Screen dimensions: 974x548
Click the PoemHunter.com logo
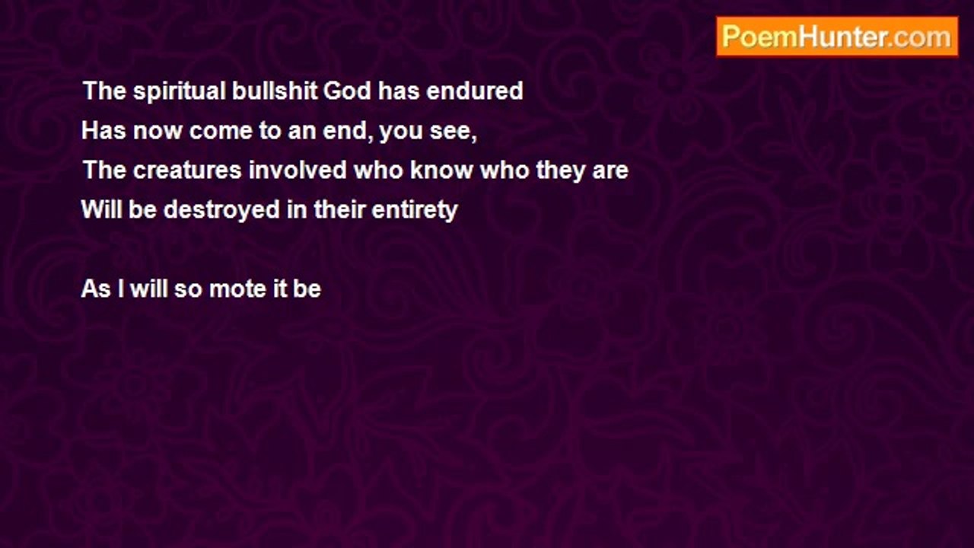click(837, 37)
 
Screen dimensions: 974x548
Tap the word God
click(347, 91)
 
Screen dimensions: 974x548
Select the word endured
click(474, 91)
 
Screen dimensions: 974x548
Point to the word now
click(158, 132)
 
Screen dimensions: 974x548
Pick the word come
click(221, 132)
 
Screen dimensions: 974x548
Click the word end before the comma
click(345, 130)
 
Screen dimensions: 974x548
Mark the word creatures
click(187, 170)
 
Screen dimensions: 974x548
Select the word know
click(441, 170)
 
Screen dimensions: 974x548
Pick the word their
click(339, 209)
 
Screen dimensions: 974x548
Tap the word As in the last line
click(96, 288)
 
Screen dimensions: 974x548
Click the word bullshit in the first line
click(274, 91)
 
